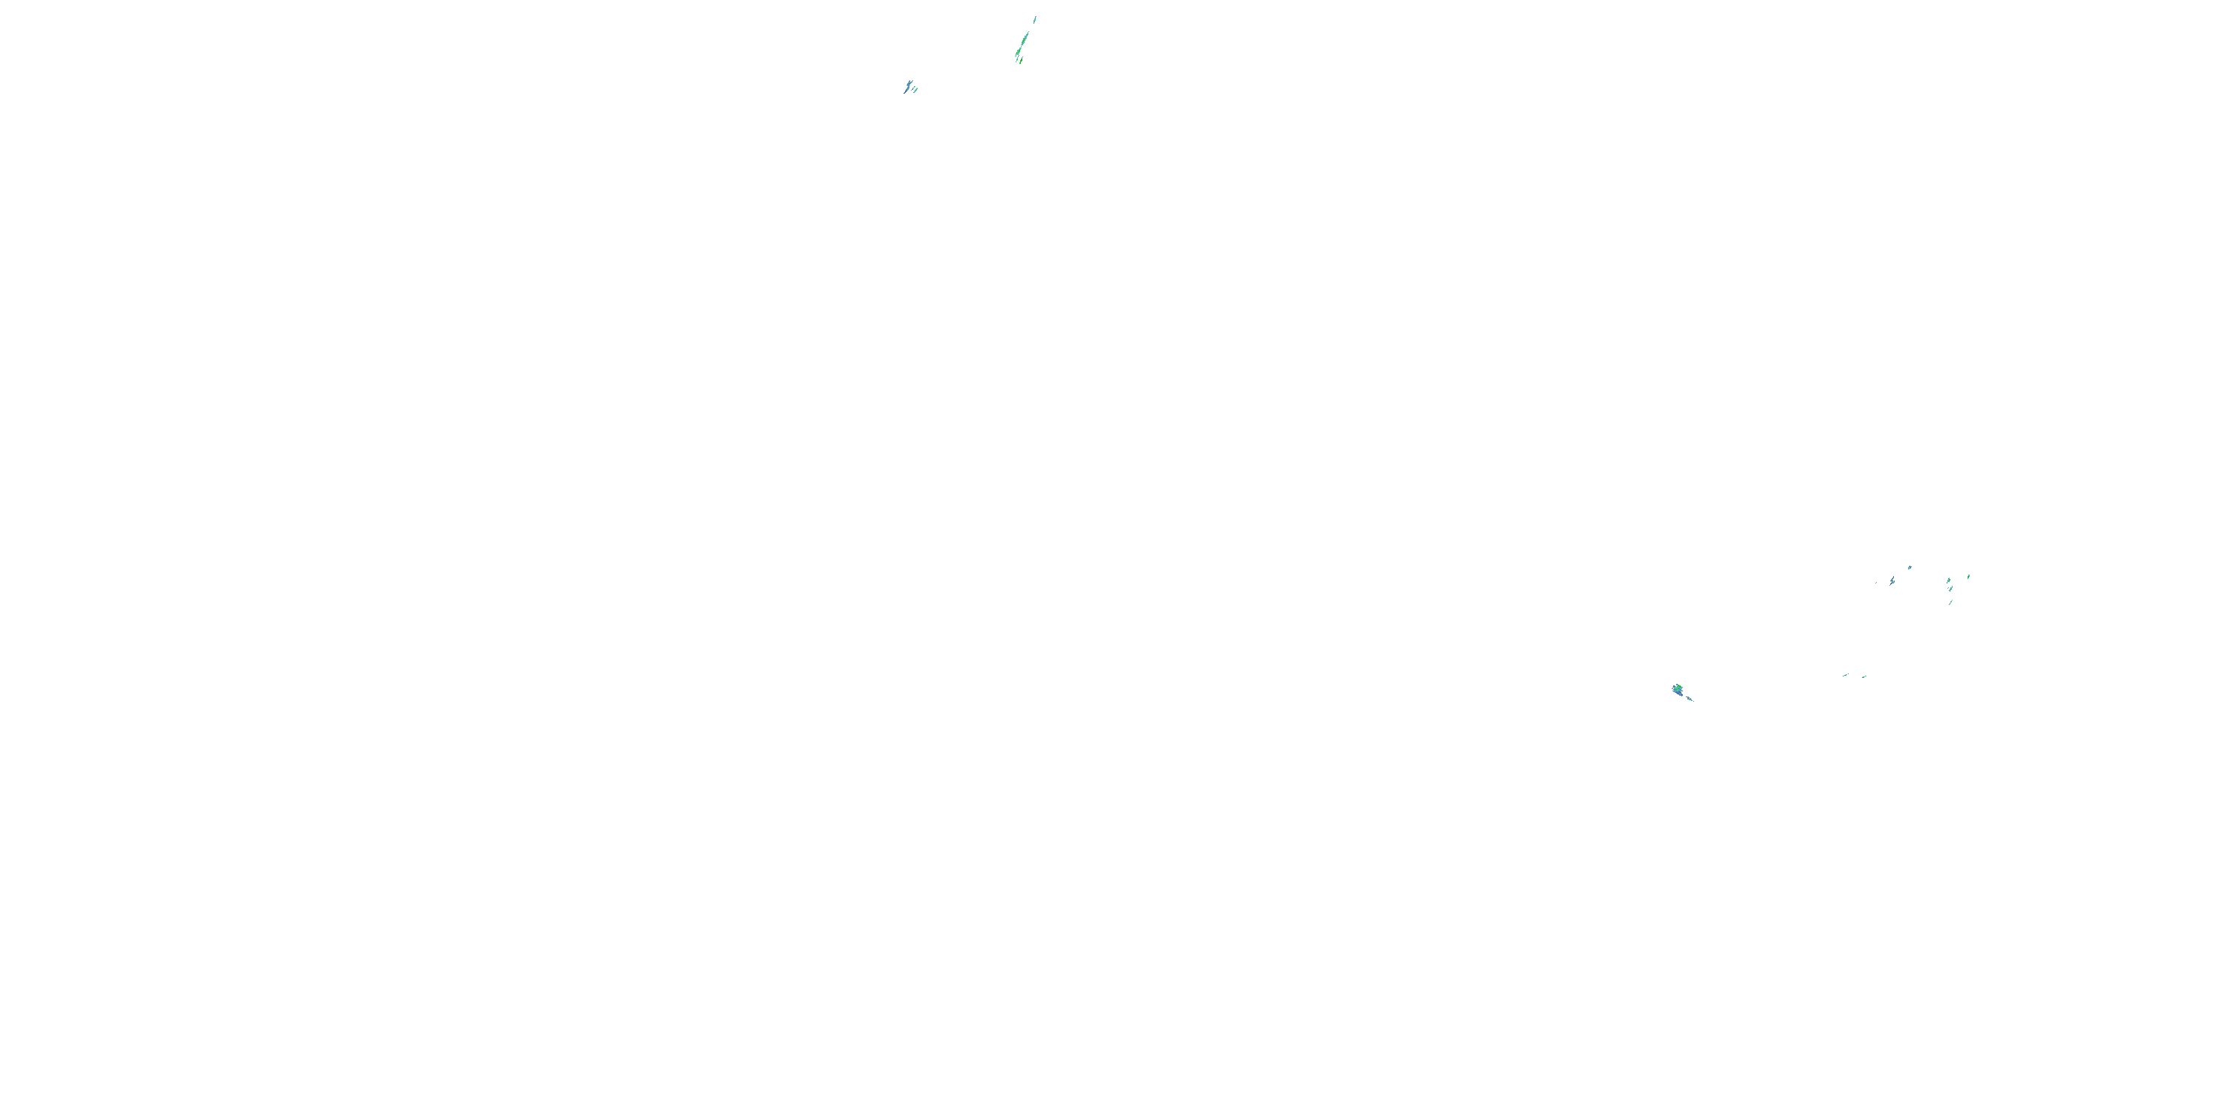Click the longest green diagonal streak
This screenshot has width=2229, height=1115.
point(1025,39)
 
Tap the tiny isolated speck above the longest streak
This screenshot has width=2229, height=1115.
point(1035,20)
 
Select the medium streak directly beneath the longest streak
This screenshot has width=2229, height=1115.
point(1019,52)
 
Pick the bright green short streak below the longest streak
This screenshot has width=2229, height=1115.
point(1021,61)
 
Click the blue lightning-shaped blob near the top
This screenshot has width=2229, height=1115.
point(909,85)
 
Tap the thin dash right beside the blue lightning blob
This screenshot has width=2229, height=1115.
point(913,89)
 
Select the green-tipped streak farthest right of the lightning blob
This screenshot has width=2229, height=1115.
point(915,91)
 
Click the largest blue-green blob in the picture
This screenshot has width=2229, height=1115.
point(1678,690)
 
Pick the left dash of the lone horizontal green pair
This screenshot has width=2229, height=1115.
point(1845,675)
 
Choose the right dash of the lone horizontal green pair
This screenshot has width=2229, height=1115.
point(1864,677)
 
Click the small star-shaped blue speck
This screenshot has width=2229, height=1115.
point(1910,568)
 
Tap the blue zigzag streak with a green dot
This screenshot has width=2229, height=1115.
point(1893,581)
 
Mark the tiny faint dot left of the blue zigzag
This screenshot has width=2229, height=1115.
point(1877,583)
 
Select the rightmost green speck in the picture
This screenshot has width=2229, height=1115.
point(1970,577)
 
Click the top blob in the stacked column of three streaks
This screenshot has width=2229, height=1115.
point(1949,581)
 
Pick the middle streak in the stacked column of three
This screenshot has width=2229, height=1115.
point(1951,589)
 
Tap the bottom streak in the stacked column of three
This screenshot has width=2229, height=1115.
point(1951,603)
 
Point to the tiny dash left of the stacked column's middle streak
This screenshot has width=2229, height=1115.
point(1949,588)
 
